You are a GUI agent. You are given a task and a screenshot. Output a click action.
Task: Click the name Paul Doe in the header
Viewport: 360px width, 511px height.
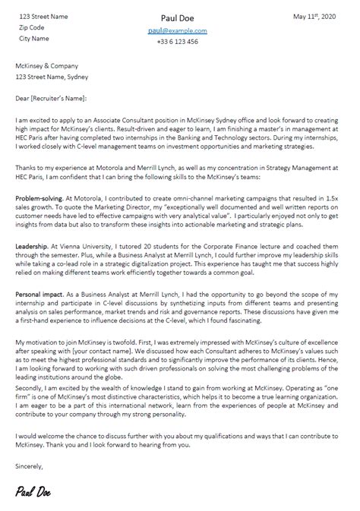(180, 17)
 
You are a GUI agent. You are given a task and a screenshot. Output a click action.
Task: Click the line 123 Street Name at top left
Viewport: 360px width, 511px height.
(43, 15)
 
